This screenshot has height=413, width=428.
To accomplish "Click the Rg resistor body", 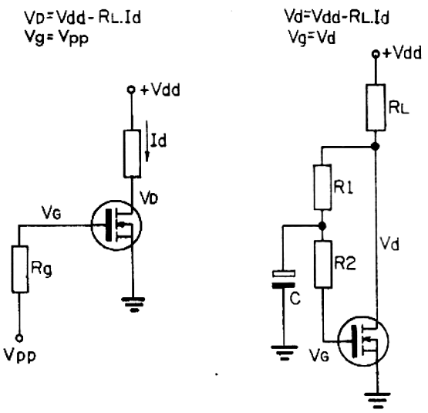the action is (x=19, y=269).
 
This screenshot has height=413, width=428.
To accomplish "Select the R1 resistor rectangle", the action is (x=322, y=188).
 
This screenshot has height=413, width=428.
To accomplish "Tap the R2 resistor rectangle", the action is (x=323, y=264).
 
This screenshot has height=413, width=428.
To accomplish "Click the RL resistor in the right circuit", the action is (x=376, y=107).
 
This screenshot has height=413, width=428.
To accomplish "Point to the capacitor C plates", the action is (x=284, y=279).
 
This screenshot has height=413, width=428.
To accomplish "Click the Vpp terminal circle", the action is (x=19, y=338).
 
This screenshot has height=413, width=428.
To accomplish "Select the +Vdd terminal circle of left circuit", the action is (x=132, y=90).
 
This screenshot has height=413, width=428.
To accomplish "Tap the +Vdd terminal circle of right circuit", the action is (x=376, y=54).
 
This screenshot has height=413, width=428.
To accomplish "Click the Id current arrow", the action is (x=147, y=141).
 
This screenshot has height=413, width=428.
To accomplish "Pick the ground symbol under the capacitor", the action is (x=284, y=352).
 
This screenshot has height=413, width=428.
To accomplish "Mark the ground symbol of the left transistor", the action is (x=133, y=304).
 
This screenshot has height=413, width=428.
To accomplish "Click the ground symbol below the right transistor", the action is (x=378, y=400).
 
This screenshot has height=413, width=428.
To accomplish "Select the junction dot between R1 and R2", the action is (x=322, y=226).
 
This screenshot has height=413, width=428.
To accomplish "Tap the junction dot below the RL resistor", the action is (x=376, y=147).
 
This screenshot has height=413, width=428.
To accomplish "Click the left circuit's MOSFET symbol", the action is (x=116, y=225).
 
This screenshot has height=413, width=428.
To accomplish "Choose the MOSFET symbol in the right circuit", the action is (x=363, y=341).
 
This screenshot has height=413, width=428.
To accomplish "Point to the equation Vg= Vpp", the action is (x=56, y=38).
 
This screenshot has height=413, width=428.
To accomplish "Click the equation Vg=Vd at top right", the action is (x=312, y=37).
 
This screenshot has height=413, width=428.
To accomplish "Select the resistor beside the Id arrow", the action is (x=132, y=154).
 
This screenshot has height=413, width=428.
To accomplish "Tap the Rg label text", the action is (x=41, y=269).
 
